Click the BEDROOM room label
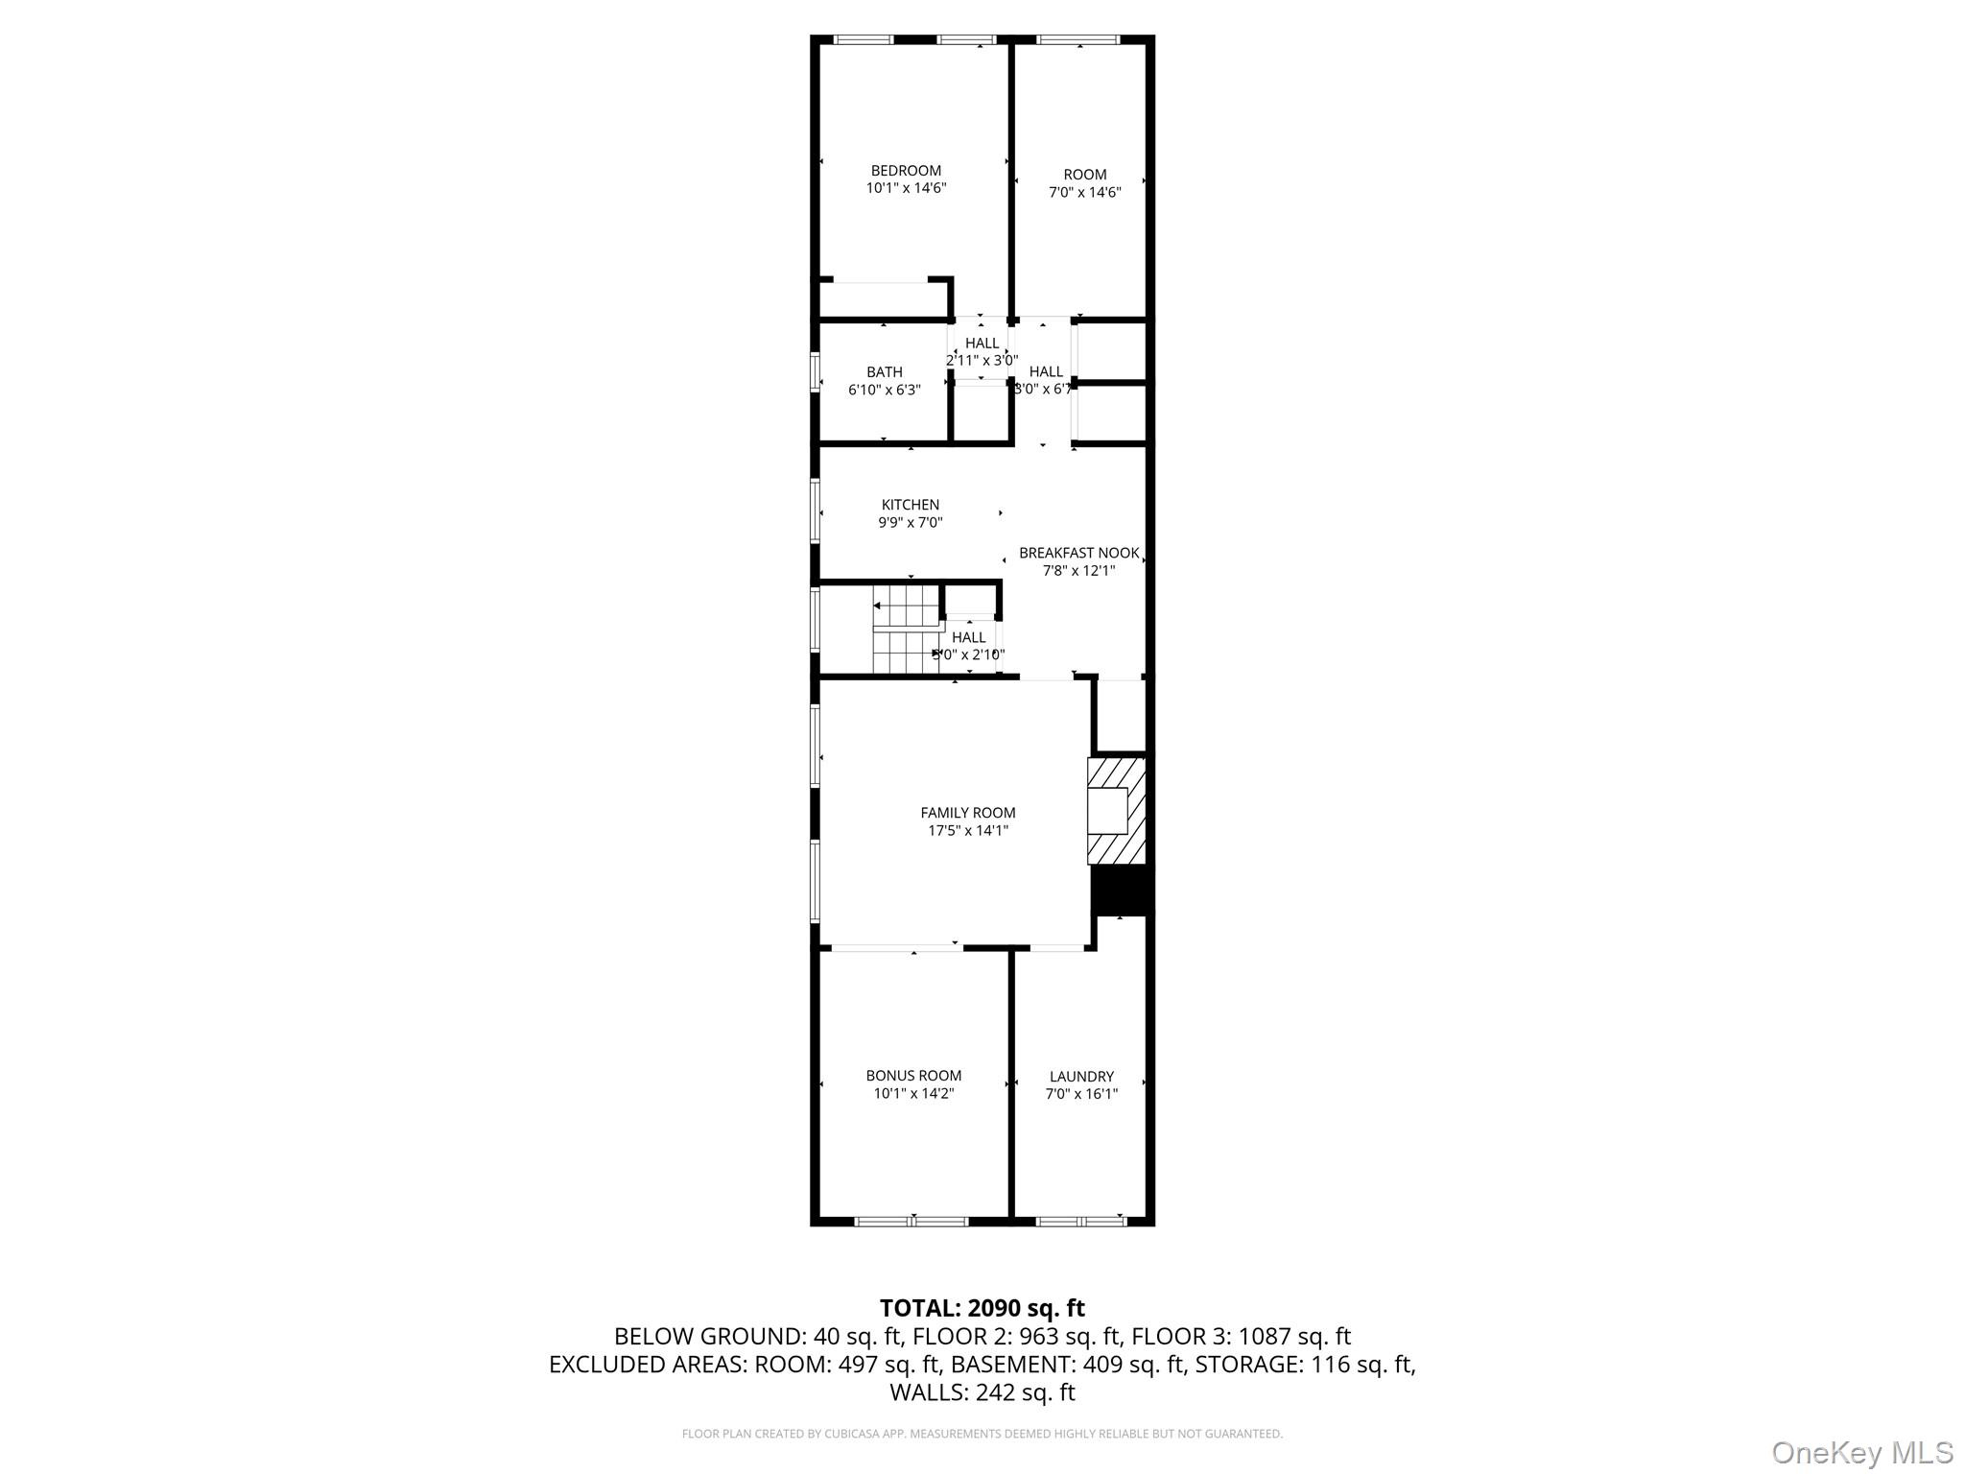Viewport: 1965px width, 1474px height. tap(906, 171)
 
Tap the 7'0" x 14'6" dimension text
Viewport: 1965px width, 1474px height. tap(1084, 193)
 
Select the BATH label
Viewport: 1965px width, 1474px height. tap(884, 372)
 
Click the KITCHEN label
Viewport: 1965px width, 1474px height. tap(910, 505)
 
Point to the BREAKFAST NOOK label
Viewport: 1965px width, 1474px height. tap(1078, 553)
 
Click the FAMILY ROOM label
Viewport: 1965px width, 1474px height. tap(967, 813)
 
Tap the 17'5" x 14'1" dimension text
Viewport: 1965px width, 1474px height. tap(967, 831)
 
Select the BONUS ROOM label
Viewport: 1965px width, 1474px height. tap(912, 1076)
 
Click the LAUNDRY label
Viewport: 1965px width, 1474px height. tap(1081, 1077)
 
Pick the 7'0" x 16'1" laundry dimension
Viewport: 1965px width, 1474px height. tap(1081, 1094)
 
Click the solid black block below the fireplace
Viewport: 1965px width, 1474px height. tap(1120, 891)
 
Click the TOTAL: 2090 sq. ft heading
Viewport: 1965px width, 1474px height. tap(982, 1308)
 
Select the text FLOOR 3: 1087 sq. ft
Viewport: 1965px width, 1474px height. tap(1241, 1336)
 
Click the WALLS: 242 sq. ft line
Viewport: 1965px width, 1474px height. tap(982, 1391)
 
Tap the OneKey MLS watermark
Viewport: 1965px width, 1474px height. tap(1861, 1452)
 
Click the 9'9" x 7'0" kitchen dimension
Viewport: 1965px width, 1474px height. tap(910, 523)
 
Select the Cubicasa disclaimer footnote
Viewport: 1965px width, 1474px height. tap(982, 1434)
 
